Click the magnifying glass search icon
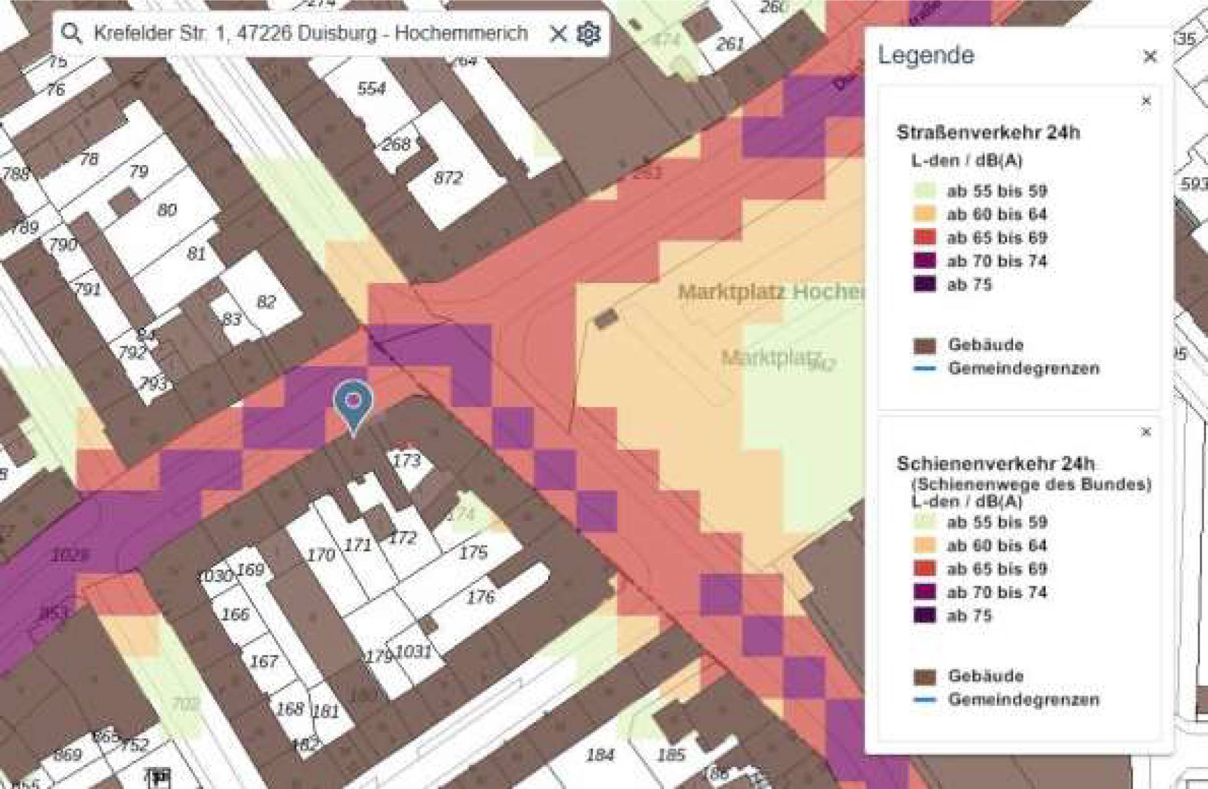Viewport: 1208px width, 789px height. [x=71, y=33]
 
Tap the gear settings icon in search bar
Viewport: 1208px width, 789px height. [x=588, y=33]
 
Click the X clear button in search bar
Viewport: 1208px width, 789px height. [x=558, y=33]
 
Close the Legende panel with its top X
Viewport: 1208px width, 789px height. [x=1150, y=57]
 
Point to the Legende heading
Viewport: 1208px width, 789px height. [x=926, y=55]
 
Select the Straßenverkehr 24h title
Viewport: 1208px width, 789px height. [x=988, y=132]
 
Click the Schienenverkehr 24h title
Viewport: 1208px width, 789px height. [x=995, y=464]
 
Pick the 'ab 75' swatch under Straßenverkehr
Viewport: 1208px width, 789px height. [x=925, y=284]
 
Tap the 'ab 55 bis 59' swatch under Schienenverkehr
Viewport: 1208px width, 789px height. [x=925, y=522]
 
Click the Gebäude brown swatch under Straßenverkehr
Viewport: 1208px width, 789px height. [x=925, y=345]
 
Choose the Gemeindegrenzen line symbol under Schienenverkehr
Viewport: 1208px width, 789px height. [x=925, y=700]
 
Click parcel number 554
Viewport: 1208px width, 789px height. [x=371, y=88]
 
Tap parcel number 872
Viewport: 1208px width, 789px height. [x=448, y=177]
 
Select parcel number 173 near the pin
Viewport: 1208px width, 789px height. [x=407, y=460]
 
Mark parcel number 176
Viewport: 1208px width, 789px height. [x=481, y=597]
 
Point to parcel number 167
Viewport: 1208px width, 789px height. [x=264, y=661]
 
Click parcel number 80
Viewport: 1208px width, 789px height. [x=166, y=210]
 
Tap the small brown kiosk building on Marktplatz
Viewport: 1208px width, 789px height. [x=606, y=318]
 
